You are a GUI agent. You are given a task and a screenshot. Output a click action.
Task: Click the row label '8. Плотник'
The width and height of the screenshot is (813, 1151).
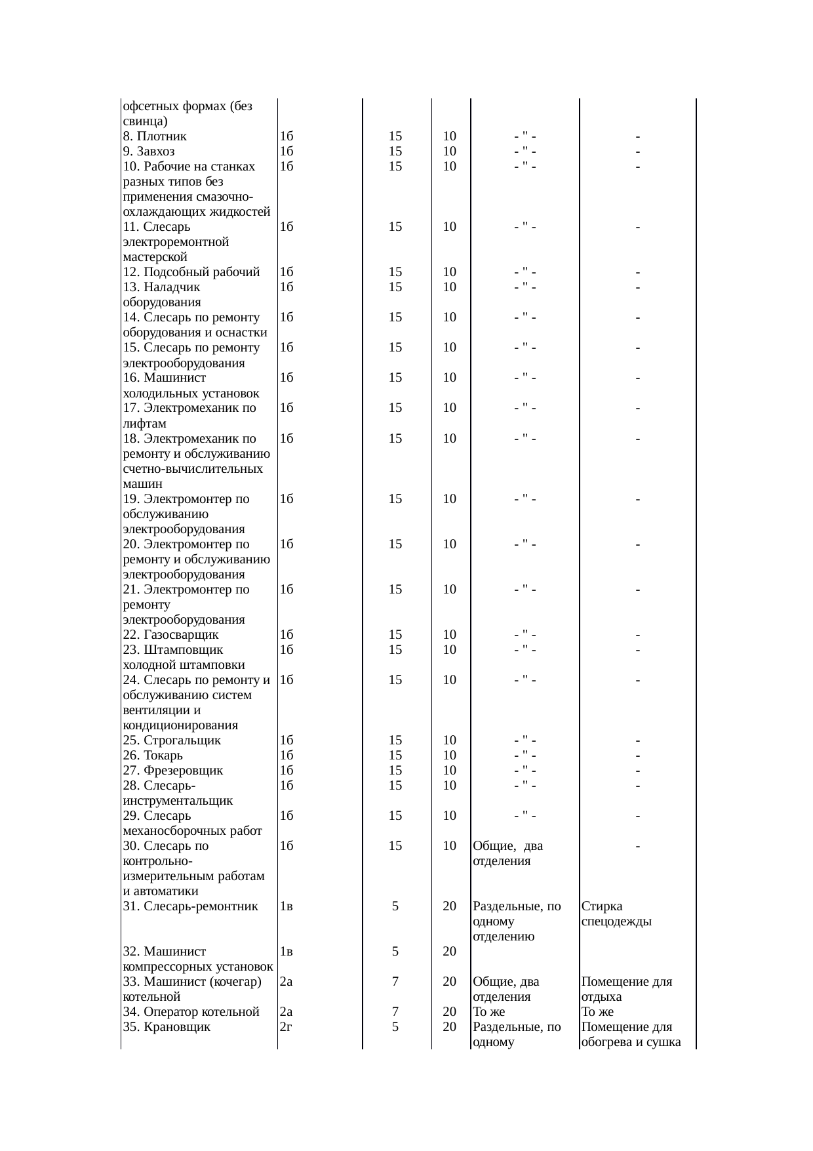[155, 136]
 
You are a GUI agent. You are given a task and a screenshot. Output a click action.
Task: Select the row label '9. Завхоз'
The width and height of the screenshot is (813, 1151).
[149, 151]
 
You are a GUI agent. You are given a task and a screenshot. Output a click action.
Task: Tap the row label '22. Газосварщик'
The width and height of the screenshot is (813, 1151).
[170, 635]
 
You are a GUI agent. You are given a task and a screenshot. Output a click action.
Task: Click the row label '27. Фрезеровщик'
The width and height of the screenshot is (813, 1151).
[173, 771]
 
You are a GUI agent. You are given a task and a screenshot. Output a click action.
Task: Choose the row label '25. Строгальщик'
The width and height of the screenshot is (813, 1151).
[172, 740]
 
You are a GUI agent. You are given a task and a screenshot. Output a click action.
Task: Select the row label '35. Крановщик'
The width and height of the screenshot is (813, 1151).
[167, 1027]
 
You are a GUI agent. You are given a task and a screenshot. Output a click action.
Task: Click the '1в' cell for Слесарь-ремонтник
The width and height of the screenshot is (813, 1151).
[286, 906]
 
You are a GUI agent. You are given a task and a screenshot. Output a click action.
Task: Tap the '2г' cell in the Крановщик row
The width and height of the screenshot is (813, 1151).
[285, 1027]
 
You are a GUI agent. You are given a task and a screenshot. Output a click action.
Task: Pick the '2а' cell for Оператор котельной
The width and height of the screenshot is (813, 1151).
[285, 1012]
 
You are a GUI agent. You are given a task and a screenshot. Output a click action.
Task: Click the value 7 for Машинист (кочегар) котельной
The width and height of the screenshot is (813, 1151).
[395, 982]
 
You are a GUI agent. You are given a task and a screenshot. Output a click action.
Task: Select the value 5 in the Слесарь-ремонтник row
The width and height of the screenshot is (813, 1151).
[395, 906]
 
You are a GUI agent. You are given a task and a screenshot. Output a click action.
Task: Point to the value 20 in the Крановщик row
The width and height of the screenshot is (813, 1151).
[449, 1027]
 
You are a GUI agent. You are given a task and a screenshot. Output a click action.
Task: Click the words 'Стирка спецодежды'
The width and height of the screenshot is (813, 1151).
[616, 914]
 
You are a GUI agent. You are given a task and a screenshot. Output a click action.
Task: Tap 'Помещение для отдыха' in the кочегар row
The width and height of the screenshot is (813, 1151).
[626, 989]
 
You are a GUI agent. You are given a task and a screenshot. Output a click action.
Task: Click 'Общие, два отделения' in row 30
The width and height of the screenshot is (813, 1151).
[507, 853]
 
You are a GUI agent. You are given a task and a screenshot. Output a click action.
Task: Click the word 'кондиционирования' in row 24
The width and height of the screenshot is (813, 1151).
[180, 725]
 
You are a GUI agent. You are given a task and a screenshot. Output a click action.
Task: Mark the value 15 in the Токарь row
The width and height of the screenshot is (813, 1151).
[395, 756]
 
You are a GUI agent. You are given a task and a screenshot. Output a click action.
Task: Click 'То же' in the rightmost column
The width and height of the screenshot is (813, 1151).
[597, 1012]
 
